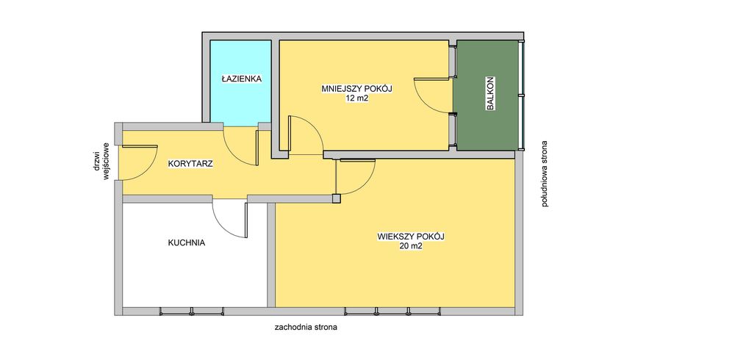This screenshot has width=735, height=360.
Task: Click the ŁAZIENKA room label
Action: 241,79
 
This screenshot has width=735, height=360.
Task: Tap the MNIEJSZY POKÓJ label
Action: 356,89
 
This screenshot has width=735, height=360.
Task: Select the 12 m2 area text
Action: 356,98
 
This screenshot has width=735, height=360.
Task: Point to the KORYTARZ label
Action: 191,164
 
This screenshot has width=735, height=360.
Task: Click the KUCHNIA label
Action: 187,242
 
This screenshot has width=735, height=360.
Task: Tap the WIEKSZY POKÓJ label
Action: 411,237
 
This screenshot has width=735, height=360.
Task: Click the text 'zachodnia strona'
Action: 306,328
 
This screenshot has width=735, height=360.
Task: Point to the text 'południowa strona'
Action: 544,174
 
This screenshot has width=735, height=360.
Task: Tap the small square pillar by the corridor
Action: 337,199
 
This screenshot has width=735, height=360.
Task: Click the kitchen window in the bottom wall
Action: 192,312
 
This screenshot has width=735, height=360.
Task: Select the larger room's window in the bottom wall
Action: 392,312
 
